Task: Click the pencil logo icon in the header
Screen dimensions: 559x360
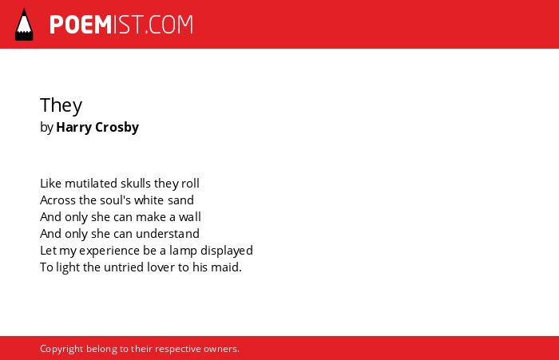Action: pyautogui.click(x=24, y=24)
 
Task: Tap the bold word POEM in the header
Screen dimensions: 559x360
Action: pyautogui.click(x=81, y=25)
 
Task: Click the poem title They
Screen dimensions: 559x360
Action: pyautogui.click(x=61, y=105)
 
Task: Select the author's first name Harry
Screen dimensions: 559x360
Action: pyautogui.click(x=73, y=128)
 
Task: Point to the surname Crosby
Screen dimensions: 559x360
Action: pyautogui.click(x=117, y=128)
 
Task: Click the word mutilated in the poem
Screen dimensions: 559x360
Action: pyautogui.click(x=91, y=184)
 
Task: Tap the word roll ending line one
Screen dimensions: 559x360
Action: pyautogui.click(x=190, y=184)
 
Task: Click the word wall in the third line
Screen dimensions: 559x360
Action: pyautogui.click(x=190, y=216)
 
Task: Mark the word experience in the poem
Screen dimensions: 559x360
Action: pyautogui.click(x=109, y=251)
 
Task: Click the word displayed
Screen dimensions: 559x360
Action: pyautogui.click(x=226, y=251)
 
